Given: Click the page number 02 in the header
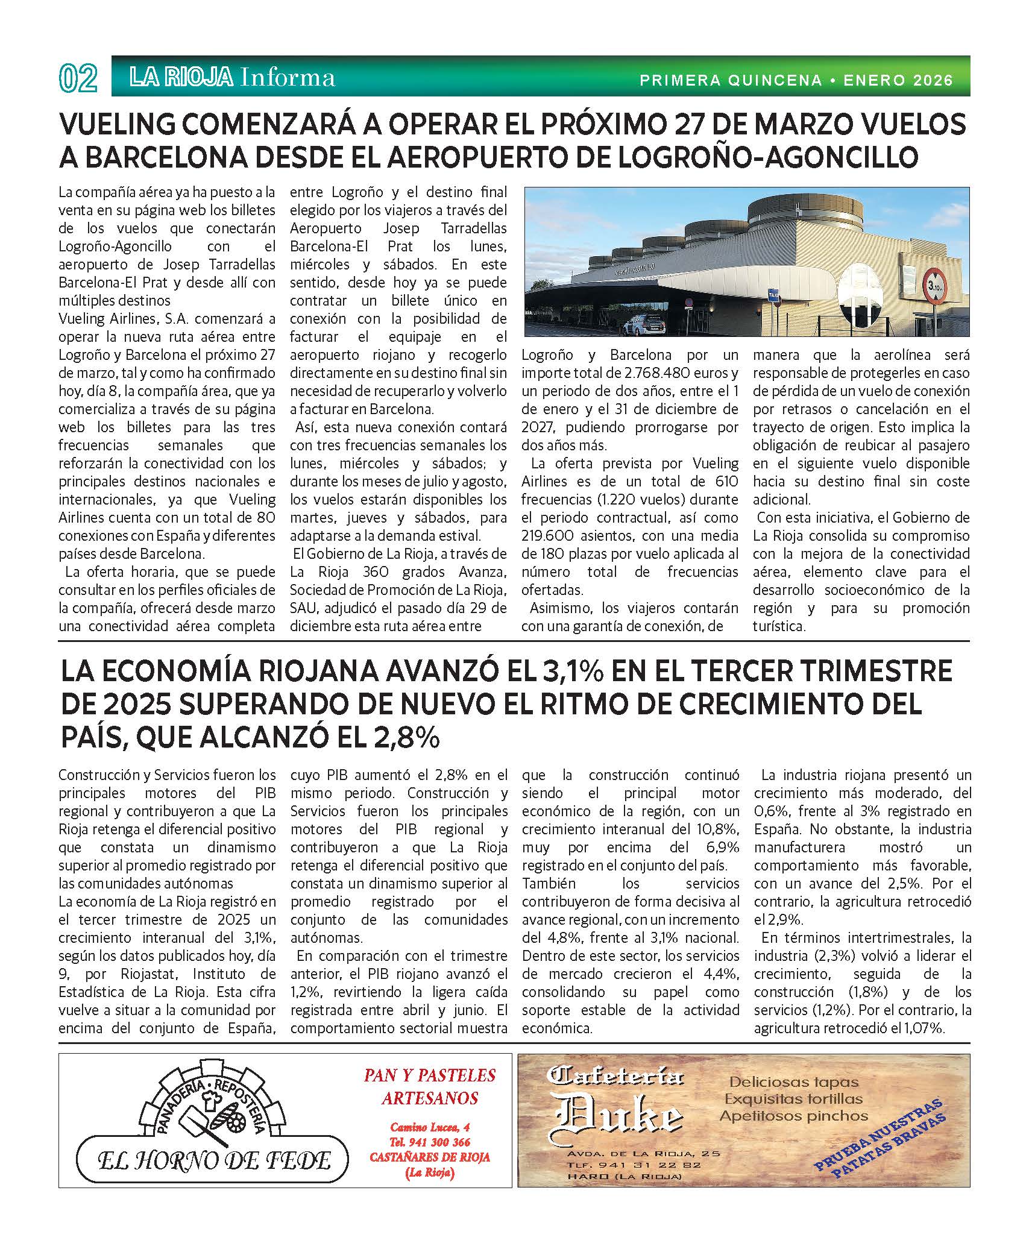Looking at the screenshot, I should click(x=78, y=78).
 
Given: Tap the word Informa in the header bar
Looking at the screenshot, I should click(x=287, y=78).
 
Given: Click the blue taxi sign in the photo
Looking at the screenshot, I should click(x=773, y=295).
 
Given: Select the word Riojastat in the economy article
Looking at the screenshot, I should click(x=149, y=974).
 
